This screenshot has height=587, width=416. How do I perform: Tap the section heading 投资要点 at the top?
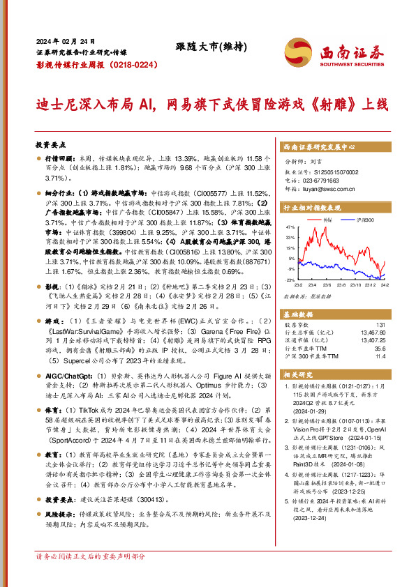pyautogui.click(x=51, y=146)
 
